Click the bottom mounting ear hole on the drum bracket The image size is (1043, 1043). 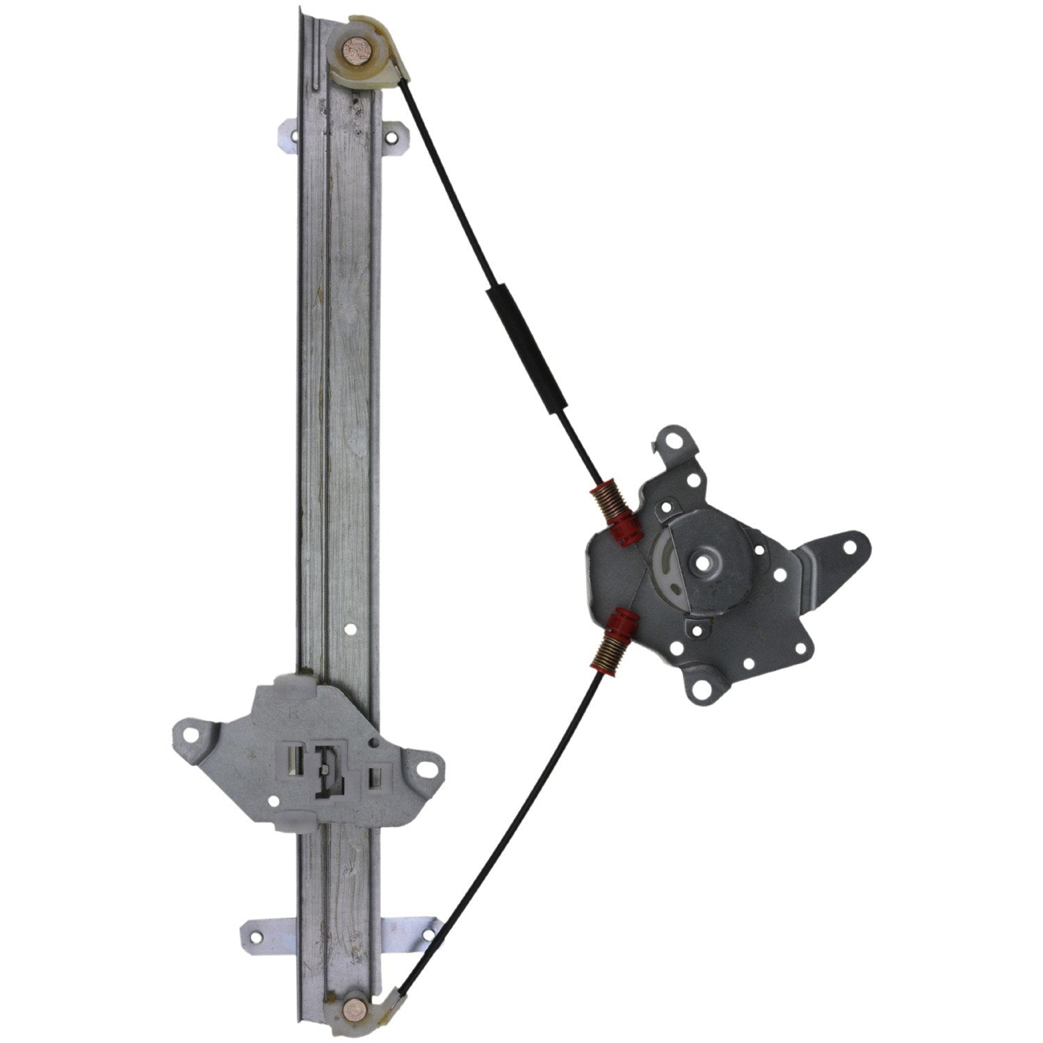702,691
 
